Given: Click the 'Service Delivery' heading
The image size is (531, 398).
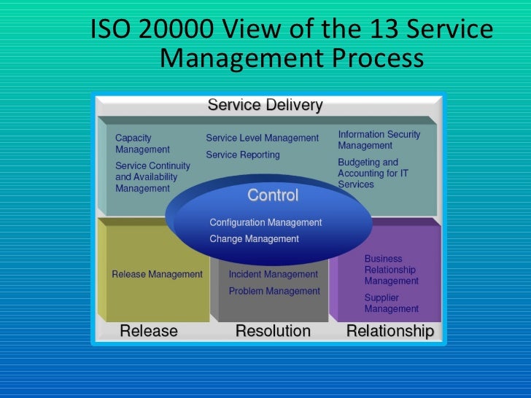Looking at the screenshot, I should (265, 105).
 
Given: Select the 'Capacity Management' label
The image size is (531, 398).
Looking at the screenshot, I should (143, 143).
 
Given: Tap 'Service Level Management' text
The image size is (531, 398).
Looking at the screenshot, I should (262, 138).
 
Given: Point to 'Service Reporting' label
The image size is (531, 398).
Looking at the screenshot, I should (242, 155).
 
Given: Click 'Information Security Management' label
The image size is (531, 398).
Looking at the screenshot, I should (379, 140).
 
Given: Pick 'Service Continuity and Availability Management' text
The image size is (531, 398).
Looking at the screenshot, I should (152, 177).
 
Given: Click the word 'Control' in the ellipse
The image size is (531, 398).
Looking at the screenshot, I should (273, 195).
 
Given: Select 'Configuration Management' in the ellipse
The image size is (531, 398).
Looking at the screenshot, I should (265, 222).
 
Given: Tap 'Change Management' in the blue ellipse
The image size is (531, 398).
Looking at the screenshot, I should (254, 238).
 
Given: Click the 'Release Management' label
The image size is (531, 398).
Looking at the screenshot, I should (157, 274).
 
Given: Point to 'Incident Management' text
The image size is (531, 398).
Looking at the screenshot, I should (273, 274).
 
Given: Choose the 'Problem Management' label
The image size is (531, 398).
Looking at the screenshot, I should (274, 291).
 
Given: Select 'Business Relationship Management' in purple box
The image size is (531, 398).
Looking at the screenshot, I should (391, 270).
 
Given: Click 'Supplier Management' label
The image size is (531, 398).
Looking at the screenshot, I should (391, 303).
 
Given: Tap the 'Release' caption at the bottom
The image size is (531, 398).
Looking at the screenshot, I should (148, 331).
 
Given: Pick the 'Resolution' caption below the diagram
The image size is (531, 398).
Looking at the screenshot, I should (273, 331).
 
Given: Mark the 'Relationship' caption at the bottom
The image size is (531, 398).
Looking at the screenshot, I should (389, 331).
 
